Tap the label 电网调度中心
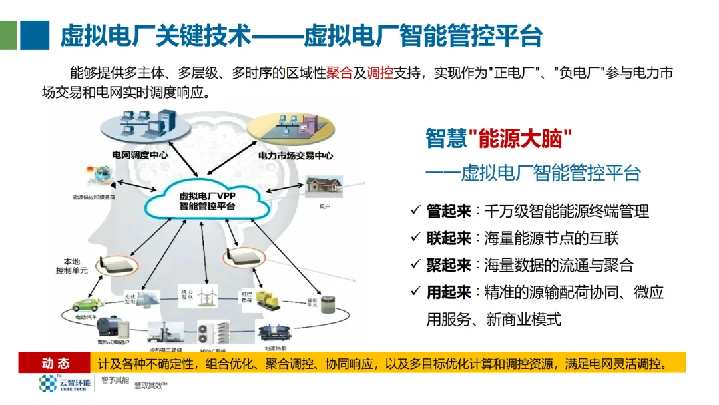140,155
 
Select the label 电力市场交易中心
296,156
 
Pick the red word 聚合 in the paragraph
340,73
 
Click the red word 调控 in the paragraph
380,73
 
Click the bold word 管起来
449,212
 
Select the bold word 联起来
449,238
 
